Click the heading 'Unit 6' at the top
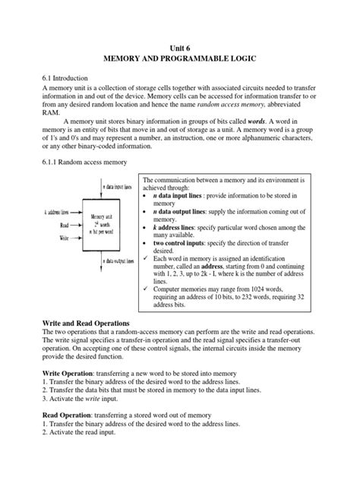point(181,47)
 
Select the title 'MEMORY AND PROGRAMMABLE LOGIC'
point(180,59)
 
